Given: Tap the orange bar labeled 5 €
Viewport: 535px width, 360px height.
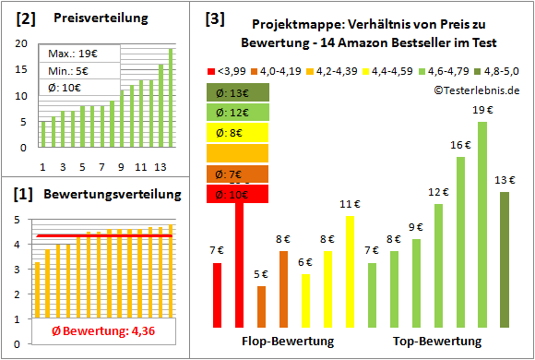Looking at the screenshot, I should (x=261, y=306).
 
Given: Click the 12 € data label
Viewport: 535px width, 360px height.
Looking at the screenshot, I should (x=438, y=192).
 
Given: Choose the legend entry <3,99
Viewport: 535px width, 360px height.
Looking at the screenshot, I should (x=230, y=70).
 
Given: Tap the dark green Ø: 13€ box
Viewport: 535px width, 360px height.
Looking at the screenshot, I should (x=238, y=91).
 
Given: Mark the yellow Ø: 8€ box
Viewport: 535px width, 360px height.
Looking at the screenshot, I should (x=238, y=132).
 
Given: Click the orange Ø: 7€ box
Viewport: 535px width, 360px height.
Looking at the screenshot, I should (x=238, y=174).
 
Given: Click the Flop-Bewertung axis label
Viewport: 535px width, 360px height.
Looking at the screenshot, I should (x=287, y=342).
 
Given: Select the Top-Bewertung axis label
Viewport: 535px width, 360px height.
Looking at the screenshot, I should (x=437, y=342).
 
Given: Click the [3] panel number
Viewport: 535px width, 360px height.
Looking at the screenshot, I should (x=214, y=18).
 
